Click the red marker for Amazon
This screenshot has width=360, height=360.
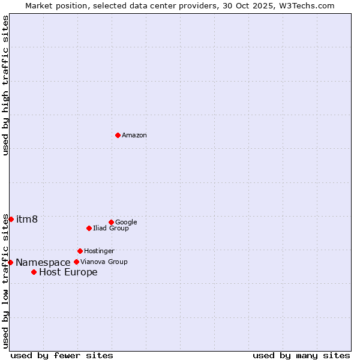pyautogui.click(x=118, y=135)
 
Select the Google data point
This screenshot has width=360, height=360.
pyautogui.click(x=111, y=222)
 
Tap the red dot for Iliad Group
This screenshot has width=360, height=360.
pyautogui.click(x=89, y=228)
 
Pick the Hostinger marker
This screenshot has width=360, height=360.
pyautogui.click(x=80, y=251)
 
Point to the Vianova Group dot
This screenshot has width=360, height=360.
pyautogui.click(x=76, y=262)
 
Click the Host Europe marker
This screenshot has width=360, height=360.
pyautogui.click(x=34, y=272)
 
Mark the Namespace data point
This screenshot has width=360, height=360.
pyautogui.click(x=10, y=262)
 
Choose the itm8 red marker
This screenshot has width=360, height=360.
pyautogui.click(x=11, y=219)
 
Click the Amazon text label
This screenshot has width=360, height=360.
pyautogui.click(x=134, y=136)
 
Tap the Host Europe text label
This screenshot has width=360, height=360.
pyautogui.click(x=68, y=272)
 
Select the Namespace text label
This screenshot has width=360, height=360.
pyautogui.click(x=43, y=263)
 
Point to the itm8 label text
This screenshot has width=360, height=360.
pyautogui.click(x=27, y=219)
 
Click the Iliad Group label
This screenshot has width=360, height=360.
pyautogui.click(x=111, y=229)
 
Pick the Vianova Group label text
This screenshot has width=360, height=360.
pyautogui.click(x=104, y=262)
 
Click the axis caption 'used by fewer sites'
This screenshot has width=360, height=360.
pyautogui.click(x=62, y=355)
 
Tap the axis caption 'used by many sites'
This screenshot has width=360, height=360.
pyautogui.click(x=301, y=355)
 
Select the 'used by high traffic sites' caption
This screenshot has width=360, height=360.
pyautogui.click(x=5, y=85)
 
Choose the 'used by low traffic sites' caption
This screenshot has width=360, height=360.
pyautogui.click(x=5, y=281)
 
